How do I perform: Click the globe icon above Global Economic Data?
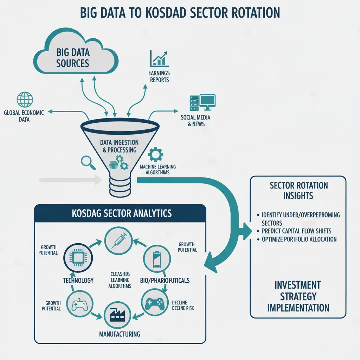pos(25,99)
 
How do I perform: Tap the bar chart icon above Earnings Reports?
pos(159,59)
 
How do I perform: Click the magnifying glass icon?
pos(88,162)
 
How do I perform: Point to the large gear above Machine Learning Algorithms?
pos(156,155)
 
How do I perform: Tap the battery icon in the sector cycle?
pos(157,259)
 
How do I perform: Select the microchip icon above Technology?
pos(78,258)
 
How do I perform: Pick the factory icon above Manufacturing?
pos(117,315)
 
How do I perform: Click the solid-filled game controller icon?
pos(154,303)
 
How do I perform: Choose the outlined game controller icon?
pos(80,304)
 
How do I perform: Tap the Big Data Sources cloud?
pos(76,52)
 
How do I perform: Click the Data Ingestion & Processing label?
pos(120,146)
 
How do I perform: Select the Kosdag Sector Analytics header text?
pos(122,213)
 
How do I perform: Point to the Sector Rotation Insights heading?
pos(298,191)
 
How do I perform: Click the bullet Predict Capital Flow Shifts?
pos(296,231)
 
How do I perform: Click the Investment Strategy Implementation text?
pos(298,296)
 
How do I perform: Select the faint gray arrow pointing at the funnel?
pos(71,180)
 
